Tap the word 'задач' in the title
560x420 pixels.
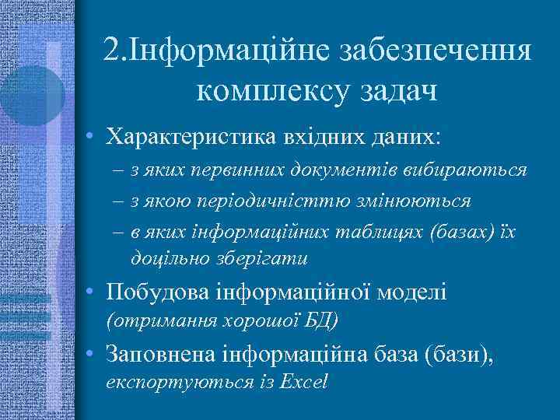coord(396,91)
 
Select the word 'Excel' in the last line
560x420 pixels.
coord(304,382)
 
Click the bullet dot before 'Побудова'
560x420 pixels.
coord(92,292)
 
